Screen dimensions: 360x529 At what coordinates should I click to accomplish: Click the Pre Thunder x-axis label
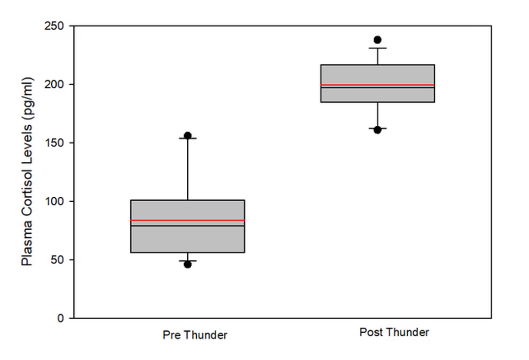pyautogui.click(x=195, y=335)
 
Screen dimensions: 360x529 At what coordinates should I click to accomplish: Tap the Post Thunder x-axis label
pyautogui.click(x=394, y=332)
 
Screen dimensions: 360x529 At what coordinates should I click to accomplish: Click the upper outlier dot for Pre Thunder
pyautogui.click(x=187, y=136)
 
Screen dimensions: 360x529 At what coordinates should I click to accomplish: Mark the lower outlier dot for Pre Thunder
pyautogui.click(x=187, y=264)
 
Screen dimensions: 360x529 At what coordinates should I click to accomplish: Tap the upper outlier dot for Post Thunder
pyautogui.click(x=377, y=40)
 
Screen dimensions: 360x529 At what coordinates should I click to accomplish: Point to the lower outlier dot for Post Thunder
pyautogui.click(x=377, y=130)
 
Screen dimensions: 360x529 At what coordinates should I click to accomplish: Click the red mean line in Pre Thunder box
pyautogui.click(x=187, y=220)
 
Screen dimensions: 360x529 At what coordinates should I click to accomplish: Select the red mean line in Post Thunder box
pyautogui.click(x=377, y=85)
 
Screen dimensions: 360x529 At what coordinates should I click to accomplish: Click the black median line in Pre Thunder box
pyautogui.click(x=187, y=226)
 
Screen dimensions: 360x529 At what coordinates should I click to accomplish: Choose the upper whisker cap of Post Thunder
pyautogui.click(x=377, y=48)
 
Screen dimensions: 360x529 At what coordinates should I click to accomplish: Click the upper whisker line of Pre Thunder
pyautogui.click(x=187, y=168)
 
